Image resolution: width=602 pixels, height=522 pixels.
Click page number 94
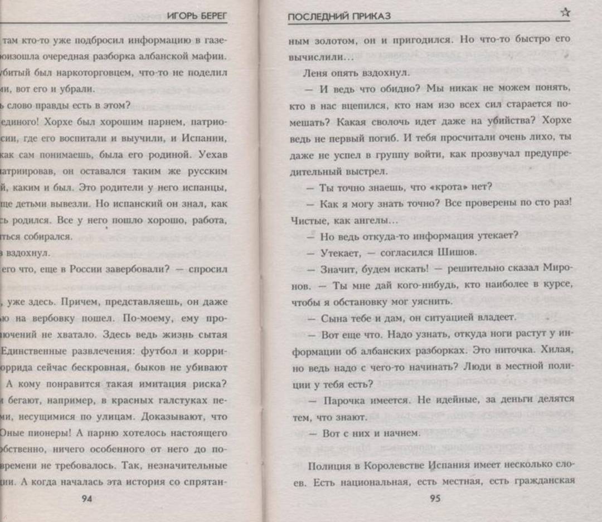87,498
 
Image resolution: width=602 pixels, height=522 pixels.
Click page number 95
435,498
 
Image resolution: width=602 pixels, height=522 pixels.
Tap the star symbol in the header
565,13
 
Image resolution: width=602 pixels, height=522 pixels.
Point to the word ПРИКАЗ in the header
367,16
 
